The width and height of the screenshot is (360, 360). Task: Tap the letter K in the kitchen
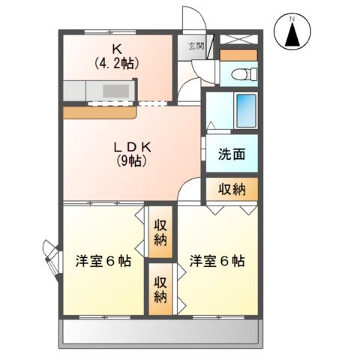[x=116, y=49]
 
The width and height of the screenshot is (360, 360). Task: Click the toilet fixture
[x=241, y=74]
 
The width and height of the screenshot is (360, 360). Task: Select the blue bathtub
[x=245, y=110]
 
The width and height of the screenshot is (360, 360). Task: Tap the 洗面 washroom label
[x=232, y=154]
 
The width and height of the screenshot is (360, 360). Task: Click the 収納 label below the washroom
[x=232, y=189]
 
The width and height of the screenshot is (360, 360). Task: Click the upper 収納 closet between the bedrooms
[x=161, y=232]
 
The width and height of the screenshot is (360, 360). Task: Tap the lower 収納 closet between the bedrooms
[x=161, y=289]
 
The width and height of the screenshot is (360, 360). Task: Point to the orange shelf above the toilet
[x=239, y=55]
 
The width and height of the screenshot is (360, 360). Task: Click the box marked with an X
[x=239, y=40]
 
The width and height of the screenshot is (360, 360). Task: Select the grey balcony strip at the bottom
[x=161, y=331]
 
